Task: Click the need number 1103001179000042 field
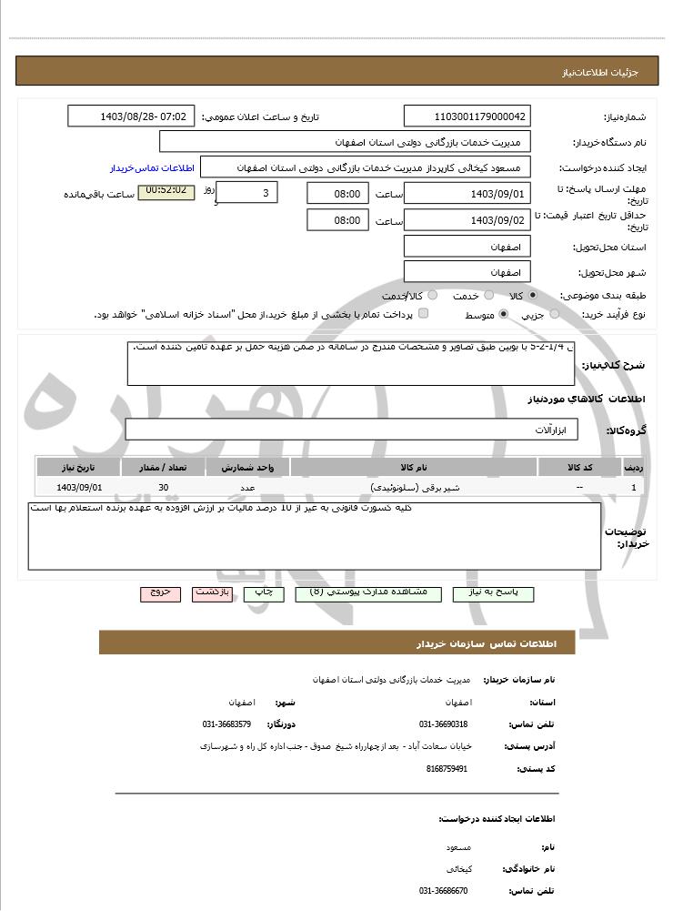467,116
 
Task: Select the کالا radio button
533,296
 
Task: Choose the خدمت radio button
488,296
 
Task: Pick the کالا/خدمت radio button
432,296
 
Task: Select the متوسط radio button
502,314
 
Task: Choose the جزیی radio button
555,314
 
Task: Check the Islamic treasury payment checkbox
423,314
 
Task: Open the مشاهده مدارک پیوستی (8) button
367,592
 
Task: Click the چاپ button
263,592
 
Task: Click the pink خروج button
160,592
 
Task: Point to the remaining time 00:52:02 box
166,192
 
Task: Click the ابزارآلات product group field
351,430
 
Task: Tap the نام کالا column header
413,467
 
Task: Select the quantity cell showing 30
163,489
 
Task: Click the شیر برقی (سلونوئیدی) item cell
413,489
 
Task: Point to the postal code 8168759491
446,769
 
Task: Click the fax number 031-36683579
226,724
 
